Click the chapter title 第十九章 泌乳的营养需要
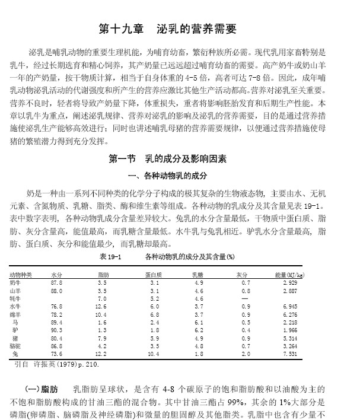pyautogui.click(x=167, y=29)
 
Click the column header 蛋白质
pyautogui.click(x=154, y=275)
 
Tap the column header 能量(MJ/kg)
pyautogui.click(x=290, y=275)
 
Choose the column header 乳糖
pyautogui.click(x=198, y=275)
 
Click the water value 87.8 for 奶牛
pyautogui.click(x=56, y=284)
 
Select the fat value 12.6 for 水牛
pyautogui.click(x=101, y=306)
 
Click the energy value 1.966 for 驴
pyautogui.click(x=290, y=329)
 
